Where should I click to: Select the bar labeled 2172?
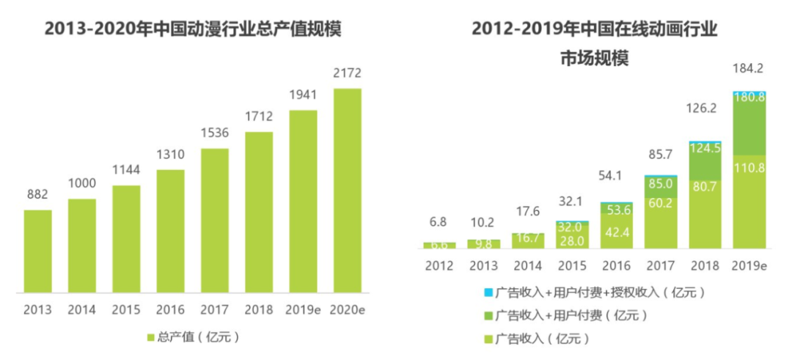point(347,191)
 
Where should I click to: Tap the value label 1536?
point(214,133)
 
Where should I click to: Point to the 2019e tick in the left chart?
point(303,309)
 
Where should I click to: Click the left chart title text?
point(193,30)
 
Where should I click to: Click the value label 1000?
point(82,184)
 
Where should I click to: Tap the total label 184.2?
point(749,69)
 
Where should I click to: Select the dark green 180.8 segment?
point(749,125)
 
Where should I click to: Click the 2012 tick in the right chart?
point(439,266)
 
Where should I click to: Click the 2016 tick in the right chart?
point(616,266)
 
